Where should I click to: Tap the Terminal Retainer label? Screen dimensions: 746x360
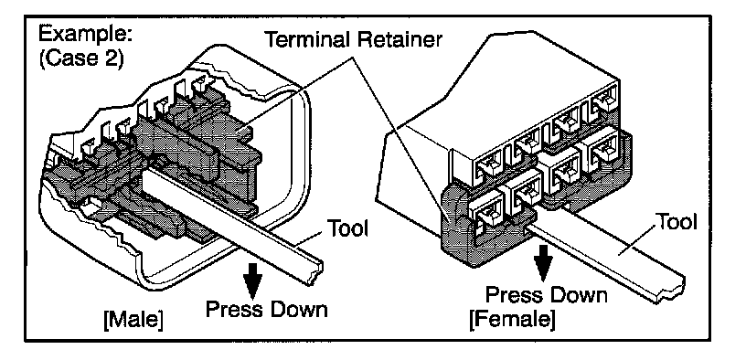[352, 40]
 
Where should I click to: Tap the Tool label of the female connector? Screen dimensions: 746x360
[677, 222]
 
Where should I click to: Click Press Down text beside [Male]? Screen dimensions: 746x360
[266, 309]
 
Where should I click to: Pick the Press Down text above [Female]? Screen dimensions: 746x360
[546, 295]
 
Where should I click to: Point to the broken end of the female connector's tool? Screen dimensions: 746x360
[672, 290]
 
